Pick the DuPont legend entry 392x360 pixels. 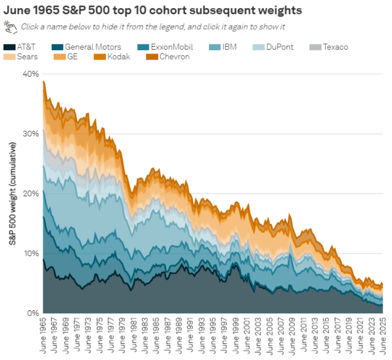coord(281,47)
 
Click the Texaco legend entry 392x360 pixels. coord(335,47)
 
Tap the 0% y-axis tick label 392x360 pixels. coord(32,313)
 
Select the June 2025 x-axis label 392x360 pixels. coord(383,335)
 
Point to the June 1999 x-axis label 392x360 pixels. coord(236,335)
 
